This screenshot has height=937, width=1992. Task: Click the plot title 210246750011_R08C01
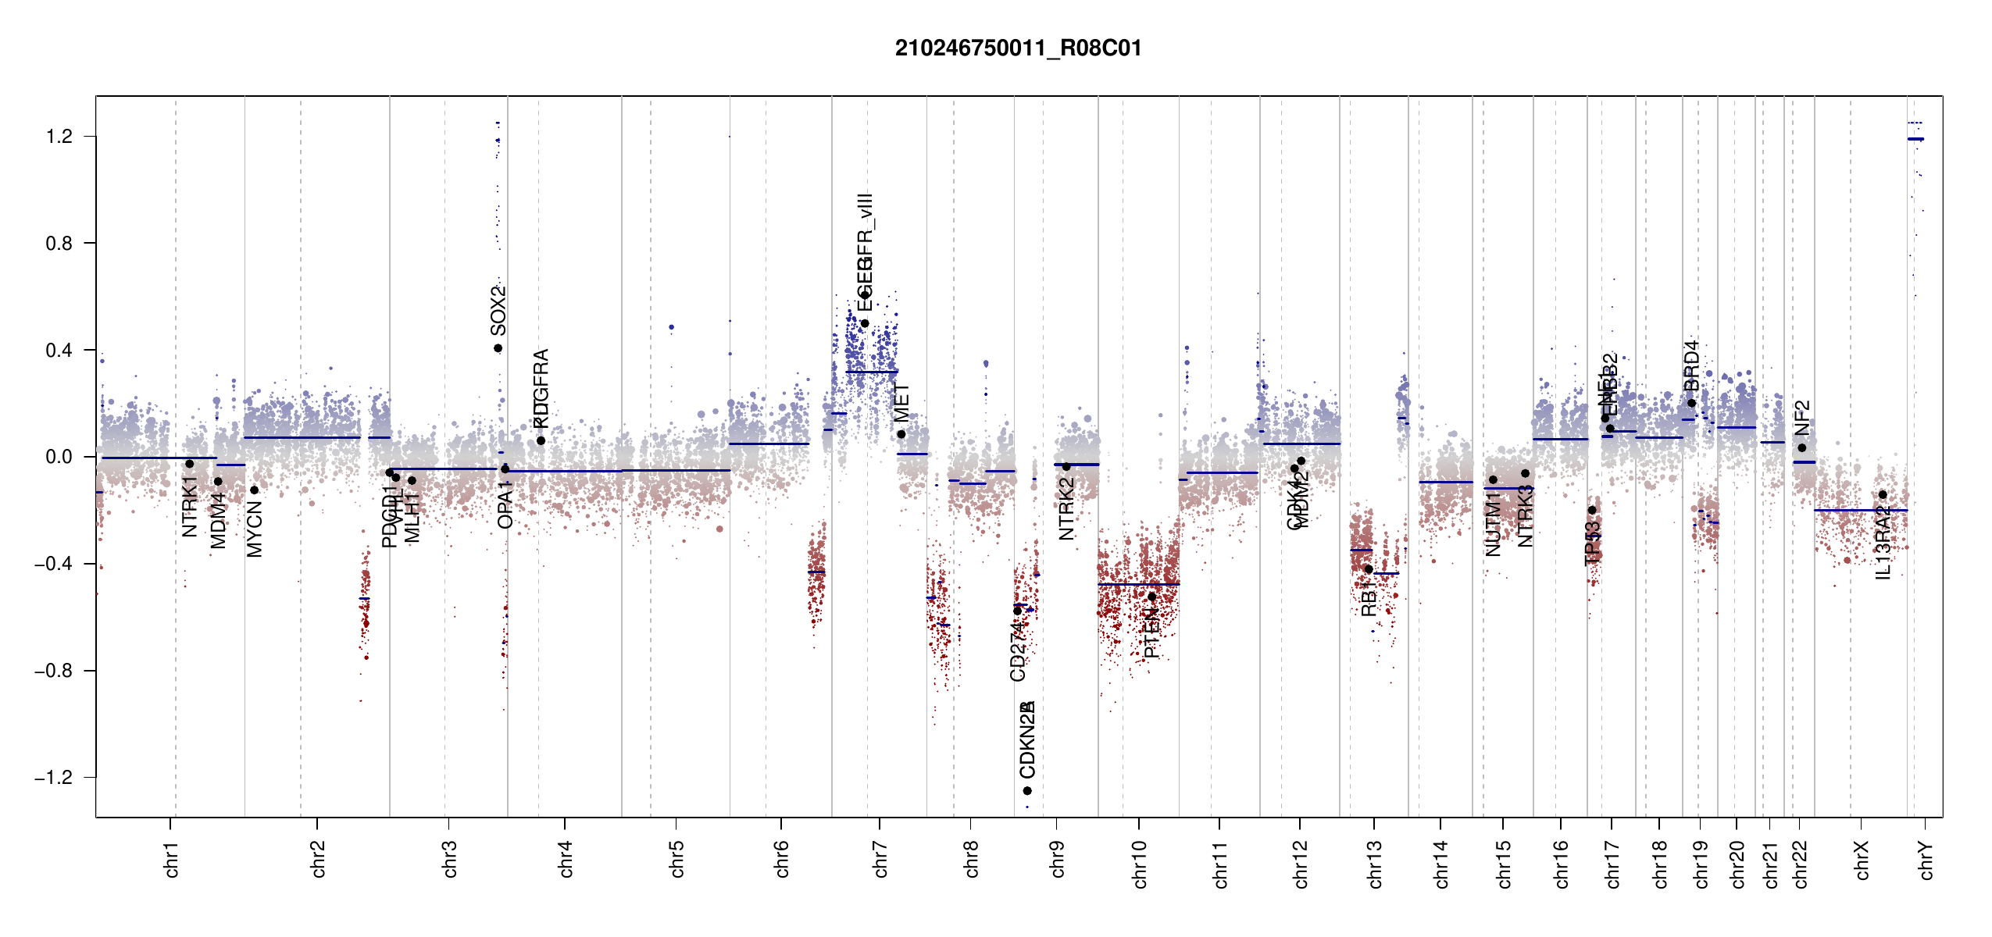pyautogui.click(x=1018, y=48)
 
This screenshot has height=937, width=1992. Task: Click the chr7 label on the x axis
pyautogui.click(x=880, y=859)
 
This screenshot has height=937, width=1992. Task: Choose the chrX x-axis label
pyautogui.click(x=1862, y=860)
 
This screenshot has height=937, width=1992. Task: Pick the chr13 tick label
pyautogui.click(x=1375, y=864)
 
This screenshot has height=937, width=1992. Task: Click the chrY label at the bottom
pyautogui.click(x=1926, y=860)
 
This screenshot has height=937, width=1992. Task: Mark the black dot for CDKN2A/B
pyautogui.click(x=1027, y=791)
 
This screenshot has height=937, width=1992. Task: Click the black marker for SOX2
pyautogui.click(x=498, y=348)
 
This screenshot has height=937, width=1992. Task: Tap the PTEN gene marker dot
pyautogui.click(x=1151, y=597)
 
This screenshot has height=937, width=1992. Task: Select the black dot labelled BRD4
pyautogui.click(x=1691, y=403)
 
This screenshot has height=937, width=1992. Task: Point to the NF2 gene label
pyautogui.click(x=1801, y=418)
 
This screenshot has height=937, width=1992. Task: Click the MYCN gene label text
pyautogui.click(x=255, y=529)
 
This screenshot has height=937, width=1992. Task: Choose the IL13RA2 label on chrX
pyautogui.click(x=1883, y=543)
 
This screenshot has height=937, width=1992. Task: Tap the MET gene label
pyautogui.click(x=901, y=403)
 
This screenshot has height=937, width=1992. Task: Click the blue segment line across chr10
pyautogui.click(x=1138, y=584)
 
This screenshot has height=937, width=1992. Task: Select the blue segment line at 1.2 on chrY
pyautogui.click(x=1915, y=139)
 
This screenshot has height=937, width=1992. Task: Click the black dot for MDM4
pyautogui.click(x=218, y=482)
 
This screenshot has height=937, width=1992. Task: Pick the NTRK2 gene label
pyautogui.click(x=1066, y=508)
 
